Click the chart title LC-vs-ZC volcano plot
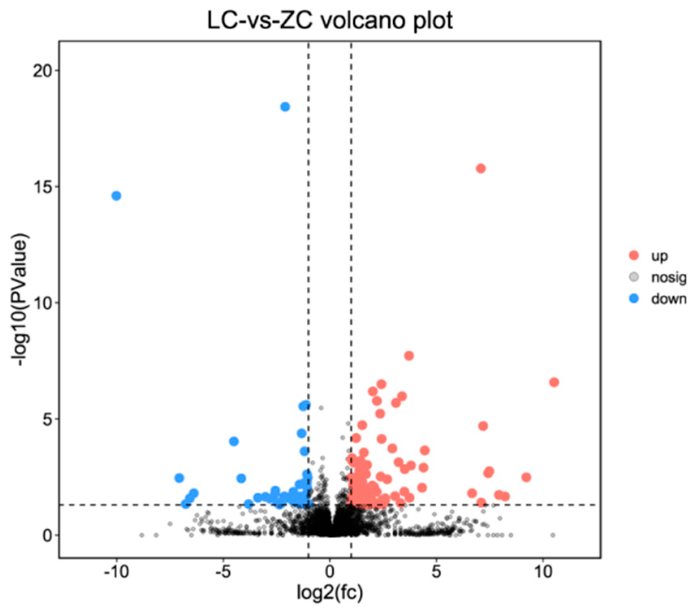[x=330, y=20]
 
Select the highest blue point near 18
[x=285, y=107]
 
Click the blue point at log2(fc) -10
[x=116, y=196]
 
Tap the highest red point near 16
[x=481, y=169]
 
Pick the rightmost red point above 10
[x=554, y=382]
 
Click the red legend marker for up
[x=634, y=255]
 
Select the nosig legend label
[x=668, y=277]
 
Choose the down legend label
[x=668, y=299]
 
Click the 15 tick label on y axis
[x=43, y=187]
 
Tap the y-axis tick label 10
[x=43, y=303]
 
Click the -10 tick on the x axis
[x=116, y=572]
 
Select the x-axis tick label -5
[x=223, y=572]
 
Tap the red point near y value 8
[x=409, y=356]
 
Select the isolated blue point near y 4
[x=234, y=441]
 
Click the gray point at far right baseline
[x=552, y=535]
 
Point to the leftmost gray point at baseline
[x=142, y=535]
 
